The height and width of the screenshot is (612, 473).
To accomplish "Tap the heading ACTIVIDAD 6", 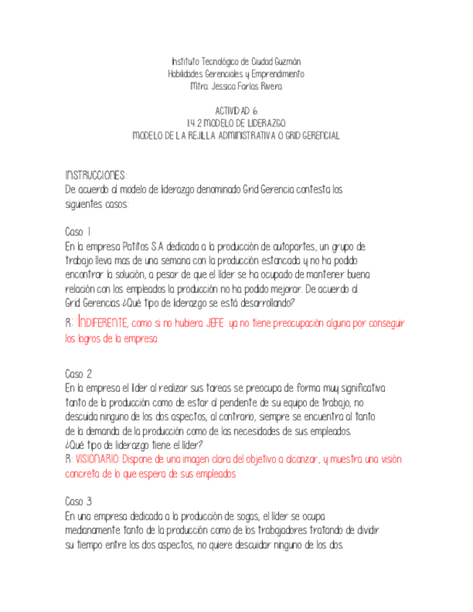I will point(236,110).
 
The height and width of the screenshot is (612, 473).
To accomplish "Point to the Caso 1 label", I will point(77,232).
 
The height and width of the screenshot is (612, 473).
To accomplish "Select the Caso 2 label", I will point(78,375).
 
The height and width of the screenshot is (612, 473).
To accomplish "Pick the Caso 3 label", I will point(78,502).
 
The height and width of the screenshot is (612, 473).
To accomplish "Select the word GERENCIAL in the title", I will point(316,136).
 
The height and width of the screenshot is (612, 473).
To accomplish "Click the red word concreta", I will point(84,474).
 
